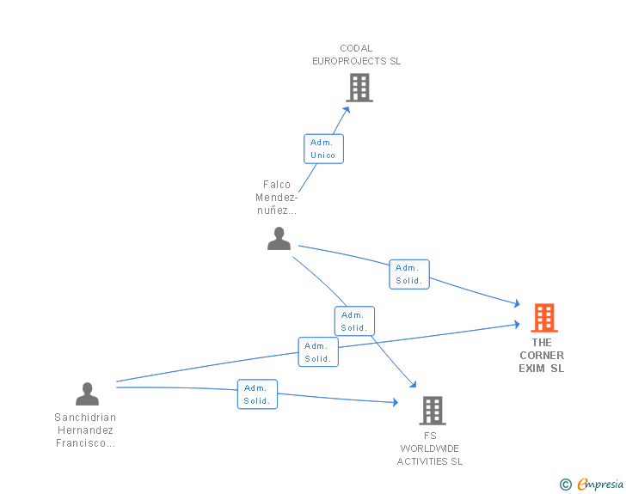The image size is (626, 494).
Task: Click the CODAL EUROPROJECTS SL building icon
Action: tap(359, 88)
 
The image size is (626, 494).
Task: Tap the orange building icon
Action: tap(544, 318)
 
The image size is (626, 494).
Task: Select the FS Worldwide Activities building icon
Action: tap(433, 411)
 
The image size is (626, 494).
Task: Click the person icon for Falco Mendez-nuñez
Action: tap(279, 239)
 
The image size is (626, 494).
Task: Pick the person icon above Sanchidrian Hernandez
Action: tap(87, 393)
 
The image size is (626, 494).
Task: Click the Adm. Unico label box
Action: tap(324, 149)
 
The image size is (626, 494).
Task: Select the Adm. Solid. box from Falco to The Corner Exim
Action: tap(409, 274)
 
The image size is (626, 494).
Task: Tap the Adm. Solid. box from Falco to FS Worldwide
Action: tap(354, 321)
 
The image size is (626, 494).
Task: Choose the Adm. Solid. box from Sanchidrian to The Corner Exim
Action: tap(318, 352)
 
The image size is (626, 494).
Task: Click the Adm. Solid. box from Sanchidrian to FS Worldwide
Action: tap(257, 394)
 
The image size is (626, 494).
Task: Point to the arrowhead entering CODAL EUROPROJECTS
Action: tap(347, 110)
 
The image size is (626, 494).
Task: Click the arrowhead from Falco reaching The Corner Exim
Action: tap(517, 303)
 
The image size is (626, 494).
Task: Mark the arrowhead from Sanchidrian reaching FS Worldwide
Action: tap(396, 402)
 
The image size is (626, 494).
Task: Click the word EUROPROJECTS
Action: tap(349, 61)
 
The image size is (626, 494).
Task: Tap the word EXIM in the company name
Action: tap(531, 369)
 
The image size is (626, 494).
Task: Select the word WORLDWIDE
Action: tap(430, 448)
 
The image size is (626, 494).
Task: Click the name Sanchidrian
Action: tap(85, 418)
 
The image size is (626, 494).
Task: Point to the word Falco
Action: tap(277, 185)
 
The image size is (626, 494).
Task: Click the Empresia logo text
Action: tap(600, 484)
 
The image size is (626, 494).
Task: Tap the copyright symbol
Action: tap(566, 485)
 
